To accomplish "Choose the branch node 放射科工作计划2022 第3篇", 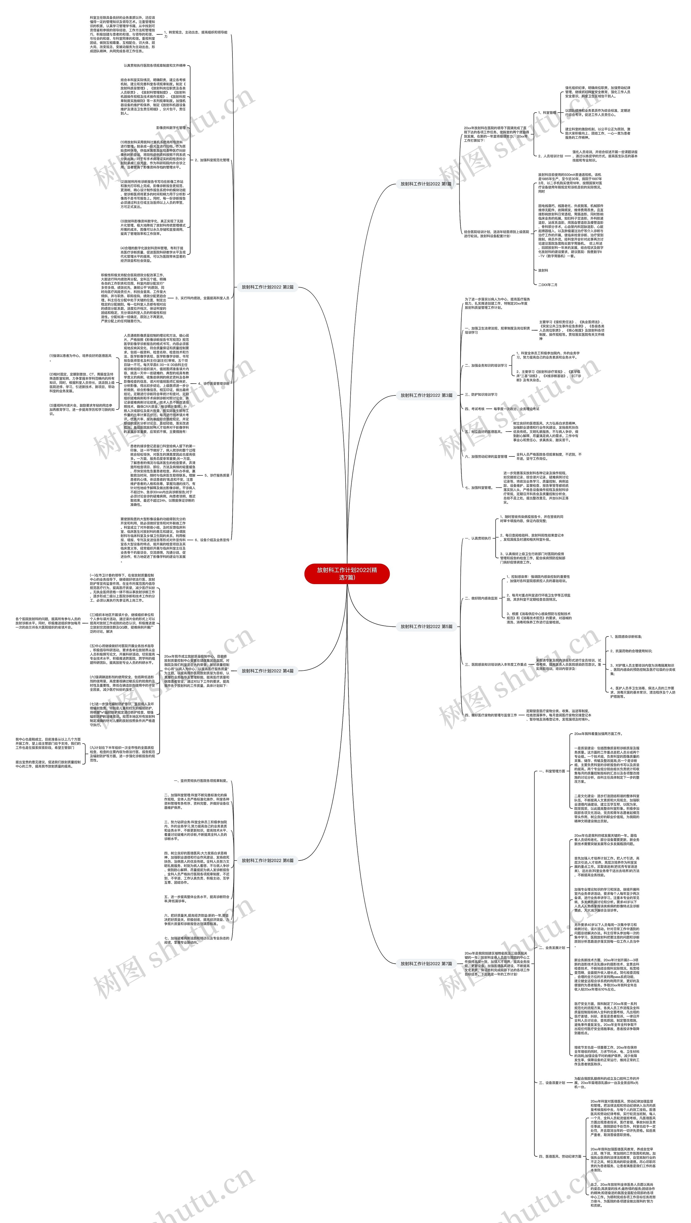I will click(x=426, y=395).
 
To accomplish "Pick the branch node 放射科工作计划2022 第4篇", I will click(x=267, y=671).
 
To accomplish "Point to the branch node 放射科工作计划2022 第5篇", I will click(x=426, y=626).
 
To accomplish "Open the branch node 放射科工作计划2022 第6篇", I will click(x=267, y=860).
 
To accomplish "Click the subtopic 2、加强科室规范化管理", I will click(x=212, y=160).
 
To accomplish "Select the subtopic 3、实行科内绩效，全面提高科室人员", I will click(x=202, y=298).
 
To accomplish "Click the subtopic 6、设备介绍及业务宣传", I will click(x=212, y=540).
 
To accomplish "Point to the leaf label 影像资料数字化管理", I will click(x=171, y=128).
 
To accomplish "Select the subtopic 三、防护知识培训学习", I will click(x=481, y=395).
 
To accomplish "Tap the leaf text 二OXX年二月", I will click(x=548, y=285).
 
